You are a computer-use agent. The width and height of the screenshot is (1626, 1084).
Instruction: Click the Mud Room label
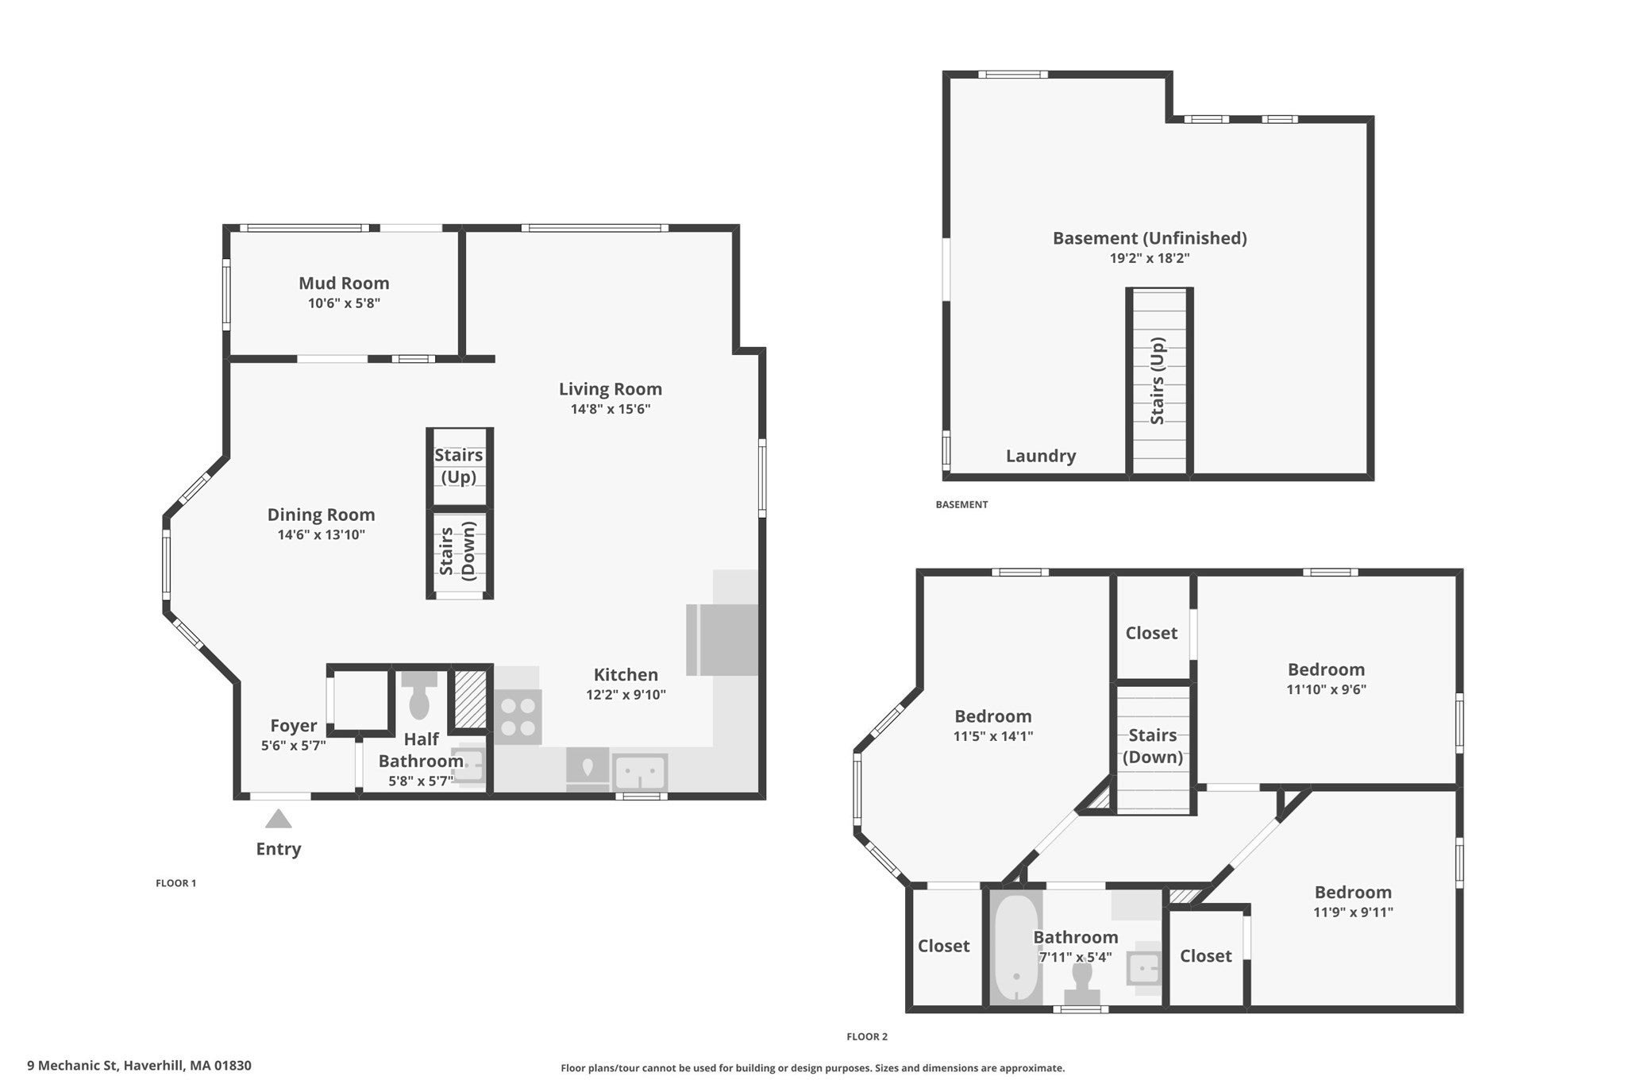pyautogui.click(x=344, y=283)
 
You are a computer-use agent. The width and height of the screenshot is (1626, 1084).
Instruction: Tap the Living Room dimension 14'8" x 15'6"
pyautogui.click(x=610, y=409)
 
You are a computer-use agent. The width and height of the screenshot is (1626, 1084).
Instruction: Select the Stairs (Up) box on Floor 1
pyautogui.click(x=460, y=467)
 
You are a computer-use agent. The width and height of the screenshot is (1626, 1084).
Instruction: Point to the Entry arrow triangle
pyautogui.click(x=278, y=819)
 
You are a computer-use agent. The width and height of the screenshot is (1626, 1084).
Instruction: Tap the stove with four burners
pyautogui.click(x=518, y=717)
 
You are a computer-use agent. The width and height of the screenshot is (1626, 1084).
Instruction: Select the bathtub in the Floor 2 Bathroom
pyautogui.click(x=1016, y=948)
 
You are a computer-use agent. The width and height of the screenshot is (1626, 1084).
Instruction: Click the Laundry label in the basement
pyautogui.click(x=1041, y=456)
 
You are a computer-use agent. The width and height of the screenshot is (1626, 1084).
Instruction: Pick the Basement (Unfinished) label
pyautogui.click(x=1150, y=237)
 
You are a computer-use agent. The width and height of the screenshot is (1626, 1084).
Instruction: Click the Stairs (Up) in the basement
pyautogui.click(x=1159, y=382)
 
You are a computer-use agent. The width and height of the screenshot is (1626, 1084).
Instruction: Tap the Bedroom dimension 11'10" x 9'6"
pyautogui.click(x=1326, y=689)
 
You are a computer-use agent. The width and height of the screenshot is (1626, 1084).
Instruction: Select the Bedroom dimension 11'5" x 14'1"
pyautogui.click(x=992, y=736)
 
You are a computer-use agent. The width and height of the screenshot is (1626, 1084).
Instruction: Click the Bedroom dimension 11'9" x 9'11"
pyautogui.click(x=1353, y=912)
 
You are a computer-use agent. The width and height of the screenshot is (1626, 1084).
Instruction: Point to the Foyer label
pyautogui.click(x=294, y=725)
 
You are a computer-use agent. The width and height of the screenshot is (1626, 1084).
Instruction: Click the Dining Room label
pyautogui.click(x=321, y=515)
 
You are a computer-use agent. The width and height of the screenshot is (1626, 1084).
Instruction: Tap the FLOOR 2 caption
pyautogui.click(x=867, y=1036)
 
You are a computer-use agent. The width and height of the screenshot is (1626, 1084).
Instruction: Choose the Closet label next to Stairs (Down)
pyautogui.click(x=1151, y=633)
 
